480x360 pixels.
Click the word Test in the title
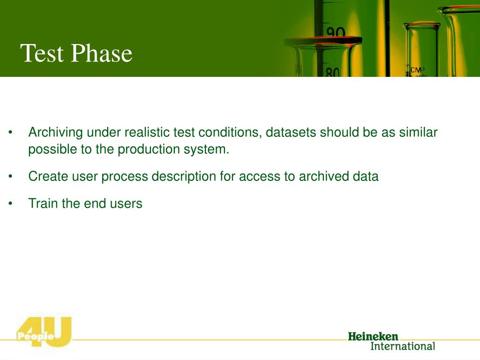click(42, 53)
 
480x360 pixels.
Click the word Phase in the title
click(102, 53)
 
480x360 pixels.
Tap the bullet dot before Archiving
click(10, 133)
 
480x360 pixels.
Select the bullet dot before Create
click(10, 177)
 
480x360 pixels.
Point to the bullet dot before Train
click(10, 203)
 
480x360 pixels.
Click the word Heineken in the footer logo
click(373, 337)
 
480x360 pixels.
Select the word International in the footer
click(403, 346)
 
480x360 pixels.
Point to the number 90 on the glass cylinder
click(336, 32)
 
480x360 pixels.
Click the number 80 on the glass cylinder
click(332, 72)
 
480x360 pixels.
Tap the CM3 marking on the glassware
click(417, 70)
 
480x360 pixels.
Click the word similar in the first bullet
click(418, 133)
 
